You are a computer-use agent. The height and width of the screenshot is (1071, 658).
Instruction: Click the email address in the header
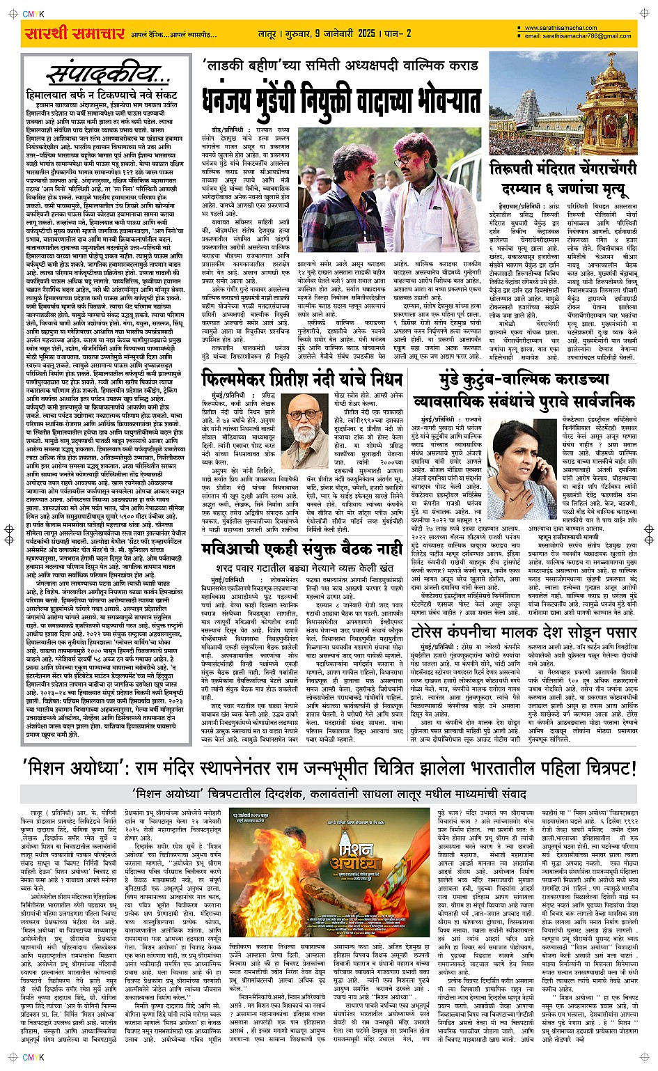click(578, 36)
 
